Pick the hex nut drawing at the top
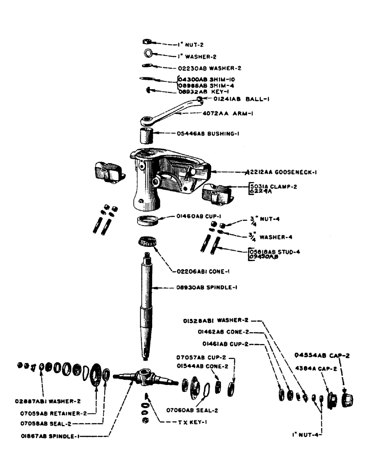coord(147,43)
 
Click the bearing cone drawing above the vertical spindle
coord(147,242)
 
